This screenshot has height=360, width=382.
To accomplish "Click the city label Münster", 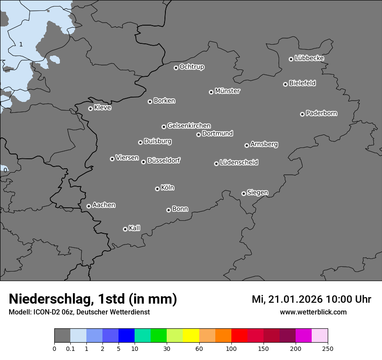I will (227, 91).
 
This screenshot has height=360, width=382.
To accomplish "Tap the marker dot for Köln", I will (157, 189).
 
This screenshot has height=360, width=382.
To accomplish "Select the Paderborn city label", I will (322, 113).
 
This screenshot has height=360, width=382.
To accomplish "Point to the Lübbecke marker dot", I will (291, 59).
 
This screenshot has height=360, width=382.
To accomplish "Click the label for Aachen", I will (104, 205).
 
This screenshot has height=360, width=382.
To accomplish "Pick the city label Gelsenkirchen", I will (189, 126).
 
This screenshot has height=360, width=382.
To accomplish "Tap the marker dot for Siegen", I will (244, 193).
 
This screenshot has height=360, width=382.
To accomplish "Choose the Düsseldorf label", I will (164, 160).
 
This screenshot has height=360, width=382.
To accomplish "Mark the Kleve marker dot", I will (90, 108).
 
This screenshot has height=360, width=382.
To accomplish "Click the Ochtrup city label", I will (192, 67).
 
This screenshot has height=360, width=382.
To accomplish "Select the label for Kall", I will (135, 228).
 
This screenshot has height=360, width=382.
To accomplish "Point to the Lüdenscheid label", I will (239, 163).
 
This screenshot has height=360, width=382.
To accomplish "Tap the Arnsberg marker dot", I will (247, 145).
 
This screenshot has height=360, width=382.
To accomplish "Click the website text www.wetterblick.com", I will (313, 312).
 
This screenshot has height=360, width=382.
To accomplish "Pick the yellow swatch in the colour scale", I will (191, 336).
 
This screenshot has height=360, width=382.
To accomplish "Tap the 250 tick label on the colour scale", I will (328, 348).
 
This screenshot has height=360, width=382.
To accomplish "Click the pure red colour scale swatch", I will (239, 336).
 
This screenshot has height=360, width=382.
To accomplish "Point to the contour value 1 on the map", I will (21, 44).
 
